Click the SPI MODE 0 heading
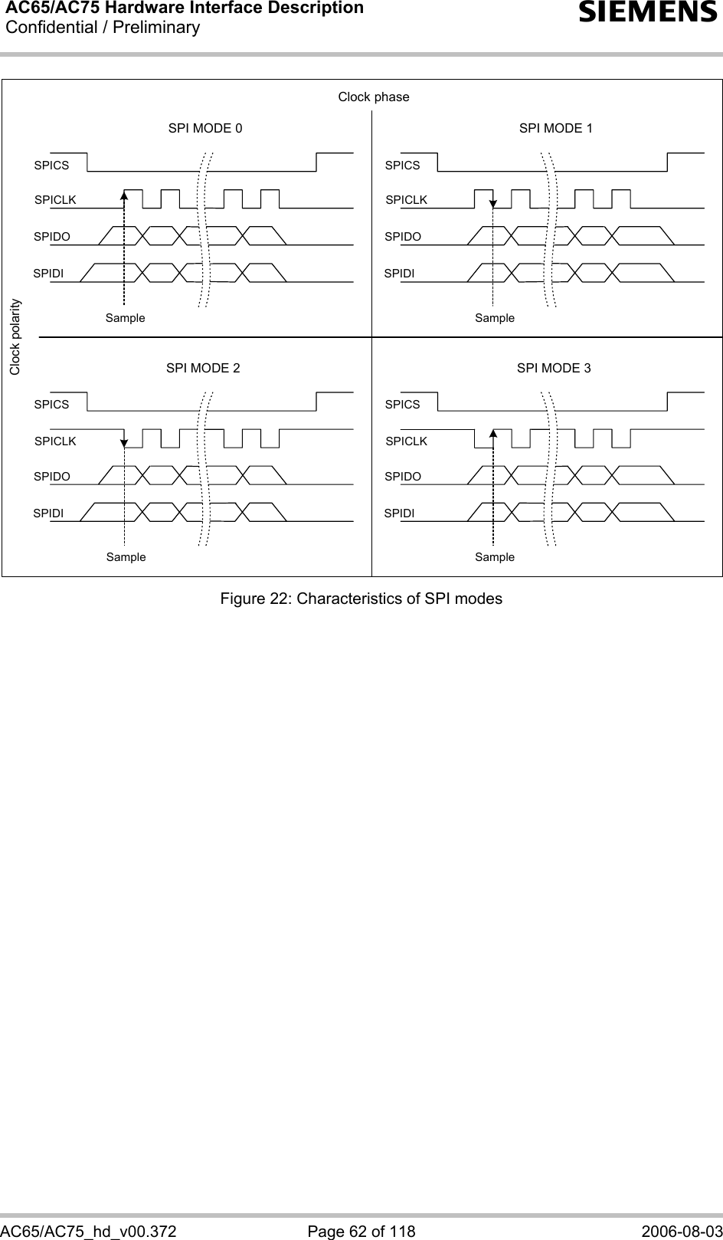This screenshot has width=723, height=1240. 205,128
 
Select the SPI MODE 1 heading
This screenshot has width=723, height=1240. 556,128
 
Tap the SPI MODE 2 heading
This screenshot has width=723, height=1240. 203,368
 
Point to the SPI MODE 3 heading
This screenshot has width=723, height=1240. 554,368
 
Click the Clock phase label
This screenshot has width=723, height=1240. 374,97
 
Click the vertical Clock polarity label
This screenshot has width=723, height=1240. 15,337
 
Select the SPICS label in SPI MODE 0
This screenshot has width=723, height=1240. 51,165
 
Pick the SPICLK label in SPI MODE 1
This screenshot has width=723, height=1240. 406,200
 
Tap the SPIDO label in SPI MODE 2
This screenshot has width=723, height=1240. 51,477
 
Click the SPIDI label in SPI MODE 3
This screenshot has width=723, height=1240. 399,513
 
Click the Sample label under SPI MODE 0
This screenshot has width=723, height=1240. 125,317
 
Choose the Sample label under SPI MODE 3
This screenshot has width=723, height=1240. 495,557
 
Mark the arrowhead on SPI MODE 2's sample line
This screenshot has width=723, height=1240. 124,442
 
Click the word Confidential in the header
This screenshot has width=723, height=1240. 51,28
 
